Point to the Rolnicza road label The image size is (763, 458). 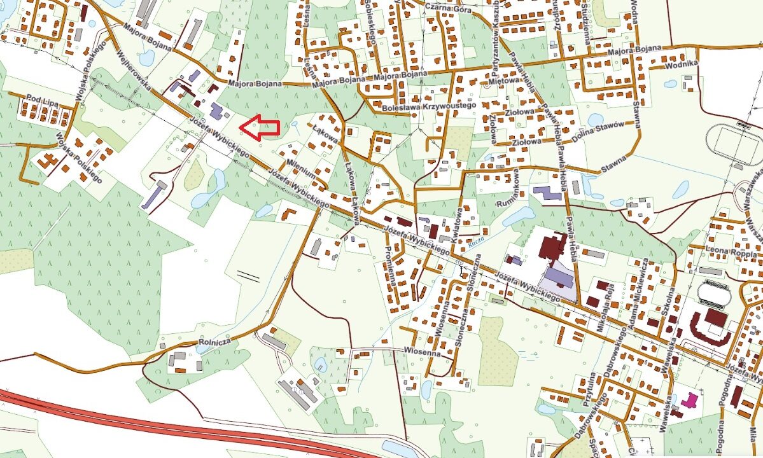[214, 342]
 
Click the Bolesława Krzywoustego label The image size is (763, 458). [429, 108]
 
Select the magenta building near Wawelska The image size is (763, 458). [689, 401]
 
